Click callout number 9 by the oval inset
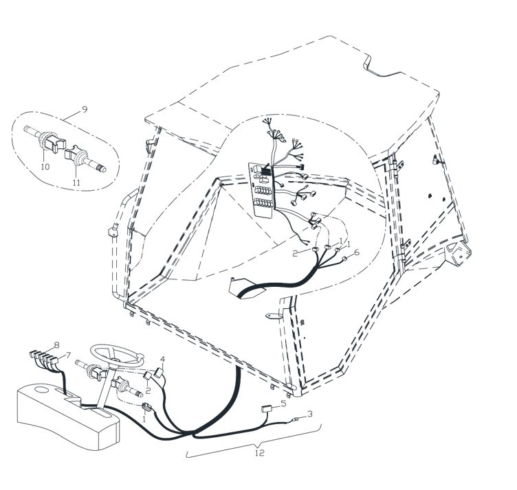click(x=85, y=109)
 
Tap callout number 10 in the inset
click(x=45, y=167)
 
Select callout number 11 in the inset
click(x=76, y=183)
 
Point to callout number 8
click(x=56, y=345)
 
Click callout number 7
click(x=68, y=355)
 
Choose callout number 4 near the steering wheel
click(x=162, y=359)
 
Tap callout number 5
click(x=283, y=403)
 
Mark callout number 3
click(x=309, y=414)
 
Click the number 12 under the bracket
click(x=260, y=453)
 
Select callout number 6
click(x=356, y=252)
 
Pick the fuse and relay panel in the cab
click(x=263, y=189)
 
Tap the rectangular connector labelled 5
click(x=267, y=409)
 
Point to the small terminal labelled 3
click(x=295, y=419)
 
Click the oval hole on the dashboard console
click(x=41, y=390)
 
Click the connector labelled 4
click(x=159, y=373)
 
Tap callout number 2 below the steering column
click(x=148, y=390)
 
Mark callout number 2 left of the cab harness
click(x=295, y=253)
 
